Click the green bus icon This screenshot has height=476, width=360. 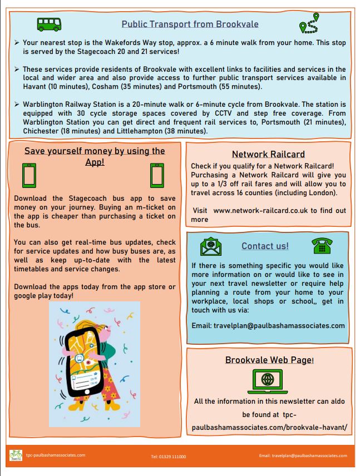coord(49,24)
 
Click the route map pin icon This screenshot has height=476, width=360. coord(309,24)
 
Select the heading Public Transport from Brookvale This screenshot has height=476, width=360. coord(190,24)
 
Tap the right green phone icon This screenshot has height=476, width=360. coord(156,176)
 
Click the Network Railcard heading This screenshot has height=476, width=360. coord(268,155)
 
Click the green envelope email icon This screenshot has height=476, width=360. coord(210,246)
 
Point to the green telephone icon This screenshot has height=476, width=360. coord(321,246)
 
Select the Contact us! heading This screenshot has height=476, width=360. coord(265,246)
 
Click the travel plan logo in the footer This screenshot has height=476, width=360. coord(16,456)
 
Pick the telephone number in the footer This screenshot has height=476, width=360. coord(168,457)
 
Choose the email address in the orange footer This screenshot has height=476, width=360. coord(303,455)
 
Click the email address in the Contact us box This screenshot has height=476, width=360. coord(268,325)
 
